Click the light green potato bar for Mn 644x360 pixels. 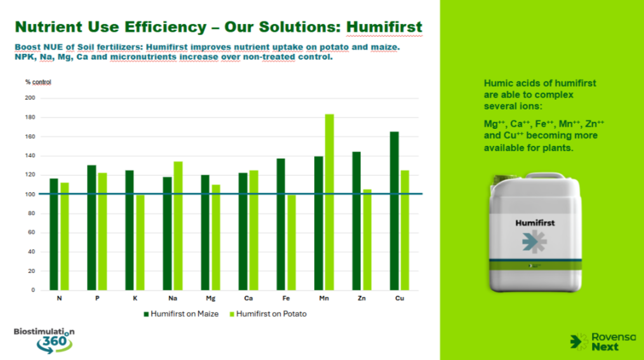[329, 202]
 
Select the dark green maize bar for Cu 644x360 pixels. [394, 211]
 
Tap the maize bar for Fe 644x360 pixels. [280, 224]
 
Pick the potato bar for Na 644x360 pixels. [178, 226]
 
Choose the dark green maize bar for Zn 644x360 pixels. [357, 221]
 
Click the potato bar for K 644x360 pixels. [140, 243]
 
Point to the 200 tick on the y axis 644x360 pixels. [30, 98]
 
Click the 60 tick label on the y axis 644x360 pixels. [32, 232]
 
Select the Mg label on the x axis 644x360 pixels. [210, 298]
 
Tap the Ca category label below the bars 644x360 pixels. [248, 298]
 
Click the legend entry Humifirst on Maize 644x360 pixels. [181, 314]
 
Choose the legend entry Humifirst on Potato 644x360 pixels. [268, 314]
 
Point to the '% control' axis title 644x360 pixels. [38, 82]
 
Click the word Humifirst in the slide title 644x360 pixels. [384, 27]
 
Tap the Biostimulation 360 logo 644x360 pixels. [44, 340]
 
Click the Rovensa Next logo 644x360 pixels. [603, 342]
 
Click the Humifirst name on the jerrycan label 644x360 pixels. [535, 223]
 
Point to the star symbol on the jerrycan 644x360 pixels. [534, 241]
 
